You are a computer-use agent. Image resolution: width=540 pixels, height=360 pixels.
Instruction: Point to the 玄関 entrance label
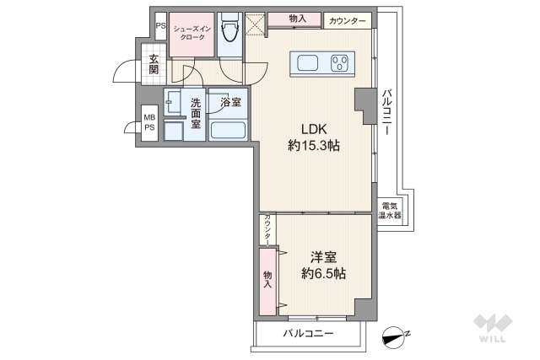tap(154, 64)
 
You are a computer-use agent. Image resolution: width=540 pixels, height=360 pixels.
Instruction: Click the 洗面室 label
tap(195, 112)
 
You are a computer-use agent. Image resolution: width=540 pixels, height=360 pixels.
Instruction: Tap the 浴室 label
tap(229, 103)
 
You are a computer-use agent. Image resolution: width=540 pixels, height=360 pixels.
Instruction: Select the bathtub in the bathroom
tap(227, 132)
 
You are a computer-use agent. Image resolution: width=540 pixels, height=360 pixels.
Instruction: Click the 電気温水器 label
tap(391, 211)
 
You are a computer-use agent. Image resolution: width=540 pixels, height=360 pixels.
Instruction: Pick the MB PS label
tap(148, 122)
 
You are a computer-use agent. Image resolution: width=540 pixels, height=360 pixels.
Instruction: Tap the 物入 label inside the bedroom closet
tap(267, 280)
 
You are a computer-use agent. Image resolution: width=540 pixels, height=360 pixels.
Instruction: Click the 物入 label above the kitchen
tap(297, 18)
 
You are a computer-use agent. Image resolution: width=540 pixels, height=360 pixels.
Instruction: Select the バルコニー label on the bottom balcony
tap(308, 335)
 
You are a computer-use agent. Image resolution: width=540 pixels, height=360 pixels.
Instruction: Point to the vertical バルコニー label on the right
tap(387, 114)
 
